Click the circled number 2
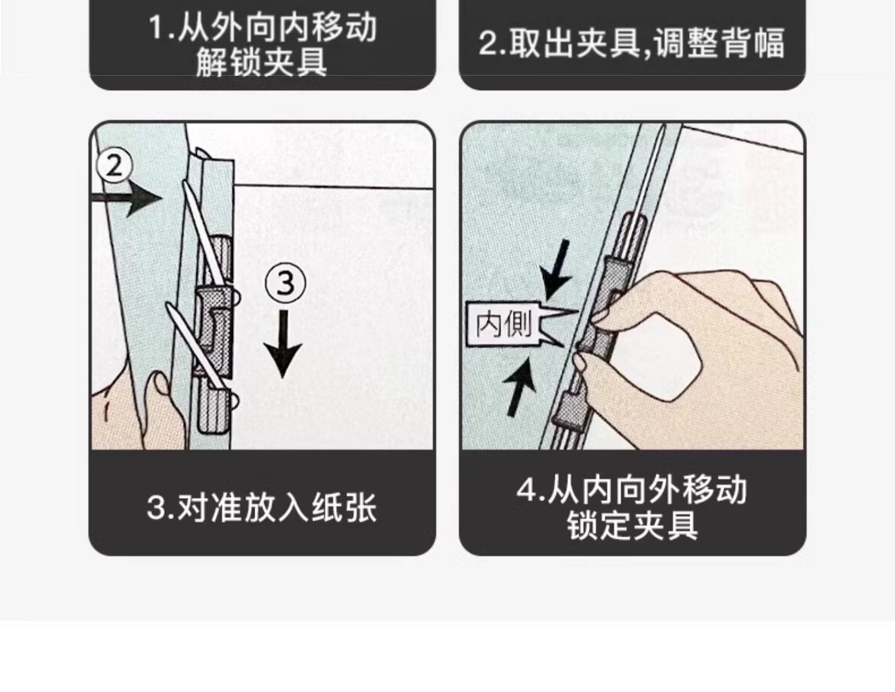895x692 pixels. pos(115,166)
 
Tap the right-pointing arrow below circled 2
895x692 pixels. pos(126,198)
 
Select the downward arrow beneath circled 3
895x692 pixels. pos(283,344)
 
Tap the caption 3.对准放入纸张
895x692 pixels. pos(261,508)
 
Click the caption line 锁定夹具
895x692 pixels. pos(632,526)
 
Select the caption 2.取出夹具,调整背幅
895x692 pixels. pos(632,43)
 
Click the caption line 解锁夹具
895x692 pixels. pos(261,63)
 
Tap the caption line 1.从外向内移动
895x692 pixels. pos(263,27)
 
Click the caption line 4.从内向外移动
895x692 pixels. pos(632,490)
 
